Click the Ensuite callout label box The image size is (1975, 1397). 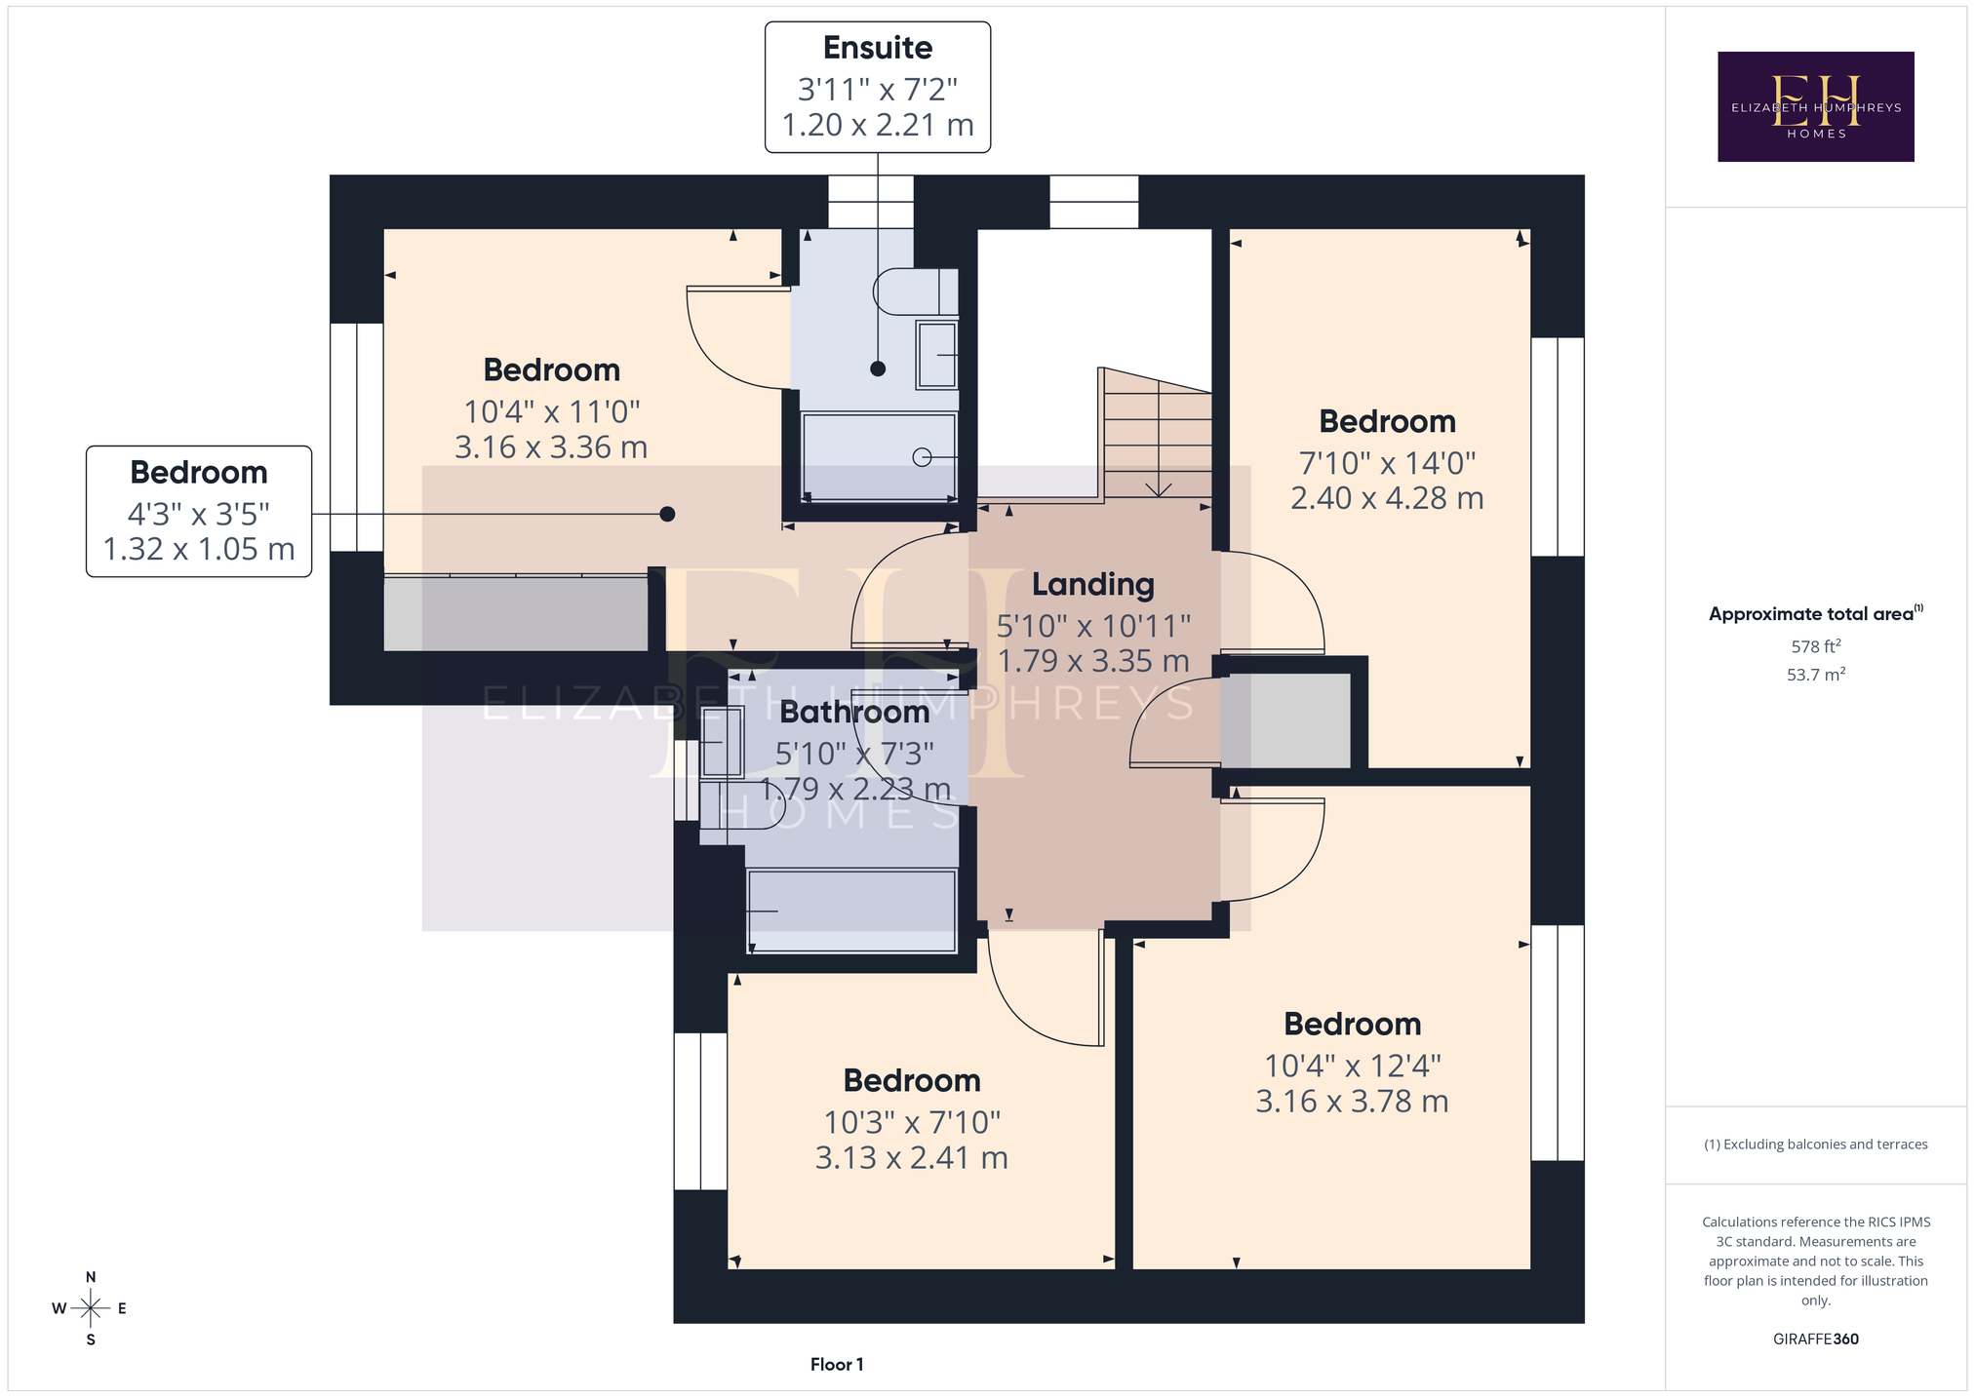(x=878, y=88)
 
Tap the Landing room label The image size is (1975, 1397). (x=1093, y=584)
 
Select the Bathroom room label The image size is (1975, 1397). (x=854, y=712)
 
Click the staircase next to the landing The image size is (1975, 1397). (x=1157, y=433)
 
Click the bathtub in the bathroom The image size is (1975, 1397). (x=851, y=912)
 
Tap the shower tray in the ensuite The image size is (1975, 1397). (x=879, y=456)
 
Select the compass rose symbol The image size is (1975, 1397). (x=91, y=1308)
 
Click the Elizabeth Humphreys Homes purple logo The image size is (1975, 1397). (x=1815, y=106)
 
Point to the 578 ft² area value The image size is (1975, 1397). (x=1815, y=645)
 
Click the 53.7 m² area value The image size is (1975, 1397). (x=1815, y=675)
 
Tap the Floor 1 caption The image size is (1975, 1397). (x=837, y=1365)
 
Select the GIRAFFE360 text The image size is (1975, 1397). (x=1815, y=1339)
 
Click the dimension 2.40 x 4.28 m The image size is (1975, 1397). (x=1387, y=498)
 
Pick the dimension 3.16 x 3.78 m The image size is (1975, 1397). (x=1352, y=1102)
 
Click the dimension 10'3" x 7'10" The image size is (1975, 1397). (x=912, y=1123)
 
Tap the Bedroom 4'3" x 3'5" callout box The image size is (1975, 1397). (x=199, y=512)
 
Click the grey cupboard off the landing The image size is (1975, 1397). (x=1286, y=720)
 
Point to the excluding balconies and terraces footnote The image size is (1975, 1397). (x=1815, y=1145)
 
